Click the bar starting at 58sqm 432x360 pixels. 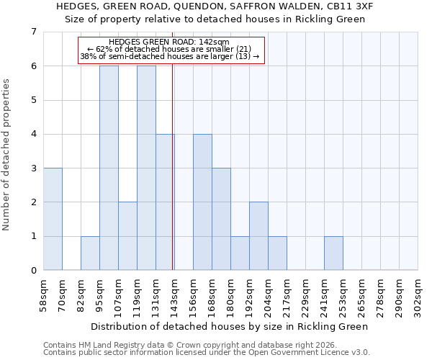tap(53, 219)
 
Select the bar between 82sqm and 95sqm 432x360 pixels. tap(90, 253)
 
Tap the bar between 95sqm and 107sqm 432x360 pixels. tap(109, 168)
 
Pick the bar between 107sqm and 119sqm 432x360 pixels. tap(127, 236)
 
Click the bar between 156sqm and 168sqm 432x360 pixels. tap(202, 202)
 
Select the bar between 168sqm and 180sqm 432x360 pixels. tap(221, 219)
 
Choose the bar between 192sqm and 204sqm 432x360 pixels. tap(258, 236)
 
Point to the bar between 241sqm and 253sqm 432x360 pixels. tap(333, 253)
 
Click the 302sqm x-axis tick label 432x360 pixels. tap(418, 295)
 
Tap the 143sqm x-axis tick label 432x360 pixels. tap(175, 295)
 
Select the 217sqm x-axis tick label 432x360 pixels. tap(287, 295)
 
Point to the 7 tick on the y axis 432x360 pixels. tap(33, 32)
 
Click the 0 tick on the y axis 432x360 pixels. tap(33, 271)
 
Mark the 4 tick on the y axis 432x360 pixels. tap(33, 134)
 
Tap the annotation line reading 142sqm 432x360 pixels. tap(170, 42)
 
